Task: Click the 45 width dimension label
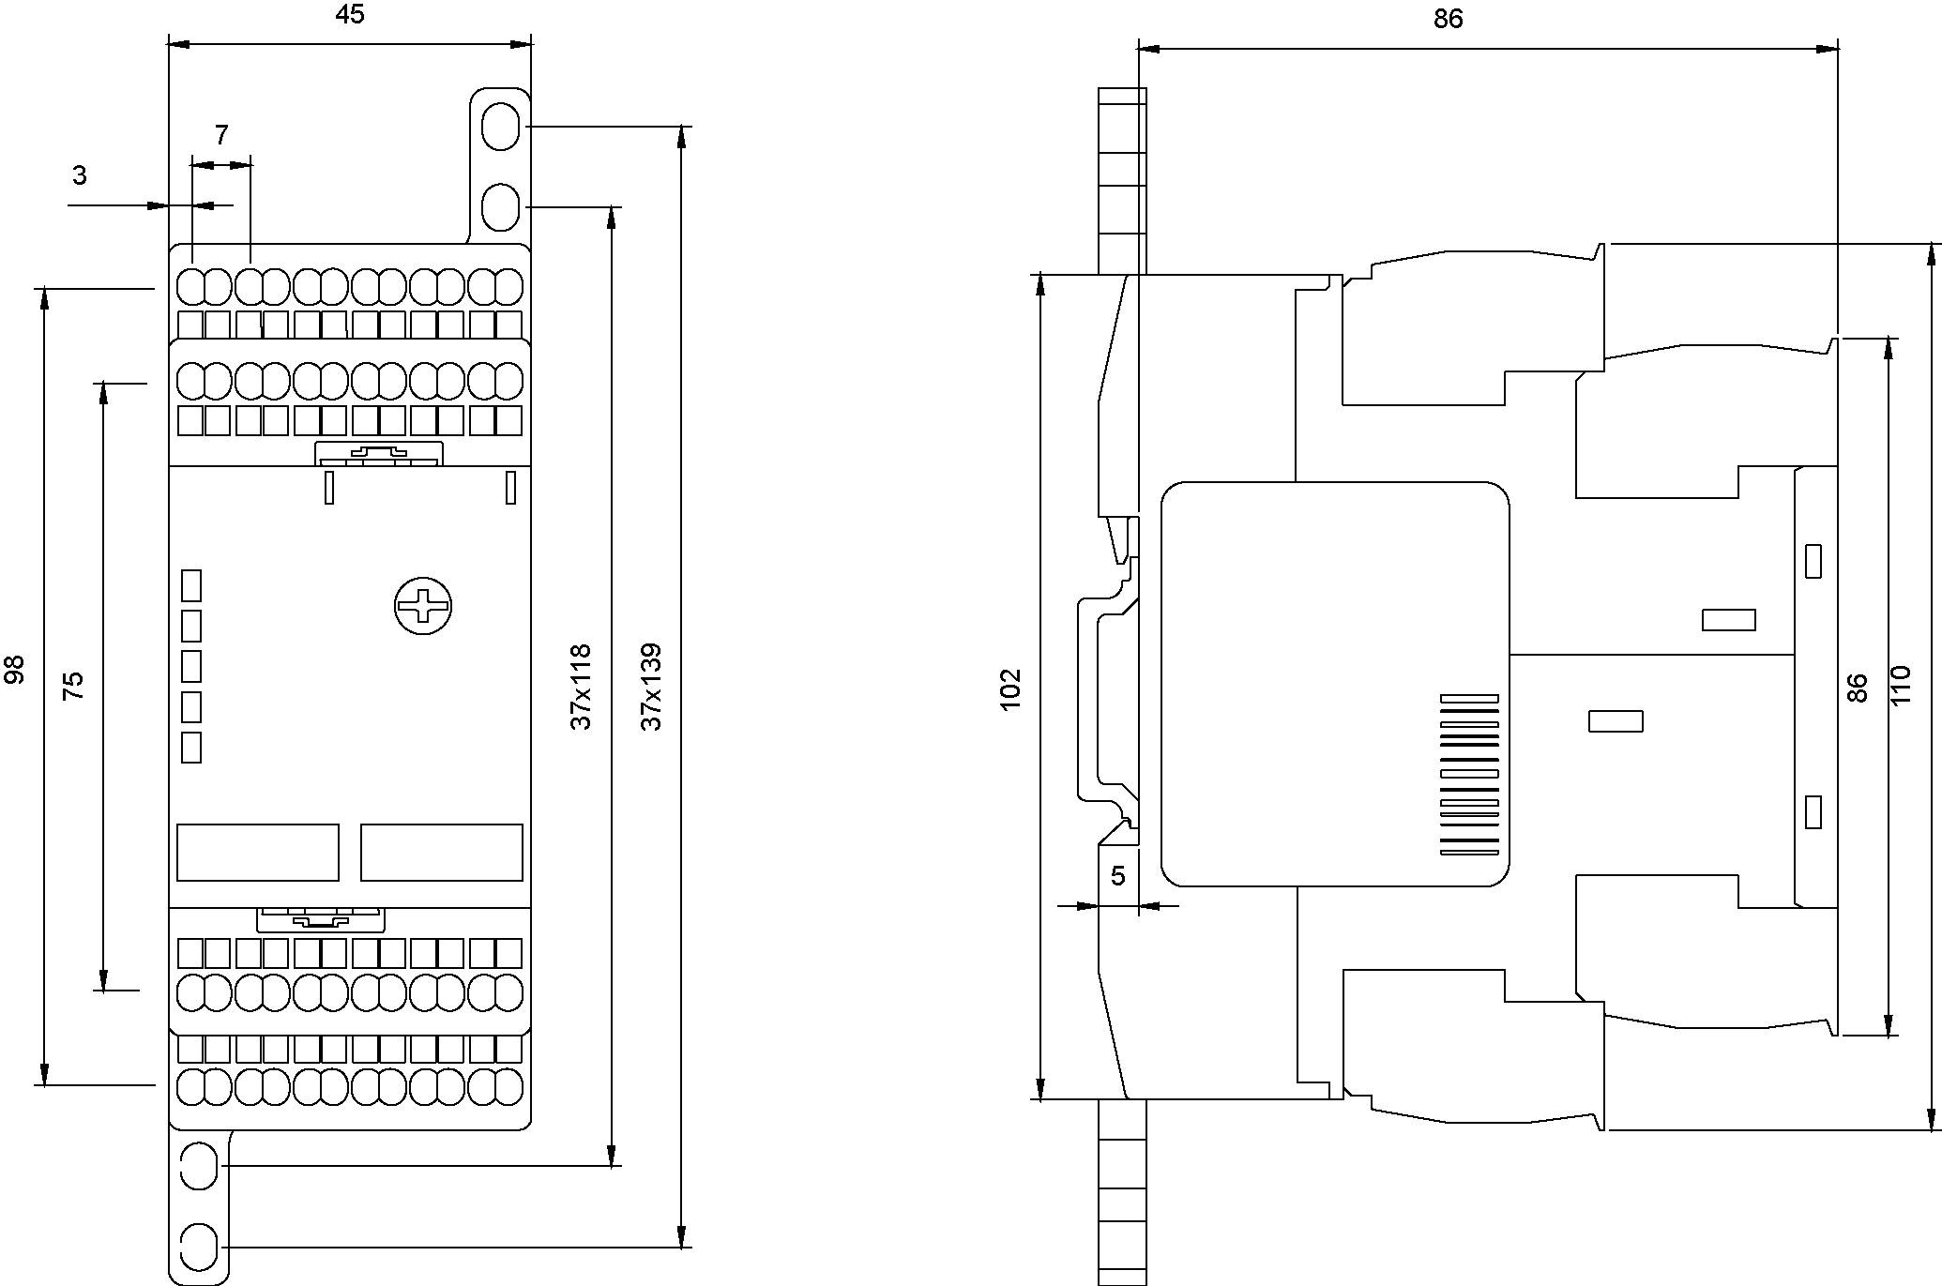click(349, 16)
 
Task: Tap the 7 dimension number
click(221, 136)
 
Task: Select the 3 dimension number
click(80, 175)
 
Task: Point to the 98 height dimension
click(15, 670)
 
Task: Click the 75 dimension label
click(73, 685)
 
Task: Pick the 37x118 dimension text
click(582, 687)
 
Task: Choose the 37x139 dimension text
click(651, 687)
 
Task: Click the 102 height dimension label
click(1010, 689)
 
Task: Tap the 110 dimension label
click(1901, 686)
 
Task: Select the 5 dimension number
click(1117, 876)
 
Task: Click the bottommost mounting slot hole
click(198, 1248)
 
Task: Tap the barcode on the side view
click(1469, 775)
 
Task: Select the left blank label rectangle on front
click(258, 852)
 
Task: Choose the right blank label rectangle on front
click(441, 852)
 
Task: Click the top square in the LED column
click(191, 584)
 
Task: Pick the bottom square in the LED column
click(191, 748)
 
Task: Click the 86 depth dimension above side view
click(1448, 19)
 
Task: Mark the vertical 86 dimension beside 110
click(1857, 688)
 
